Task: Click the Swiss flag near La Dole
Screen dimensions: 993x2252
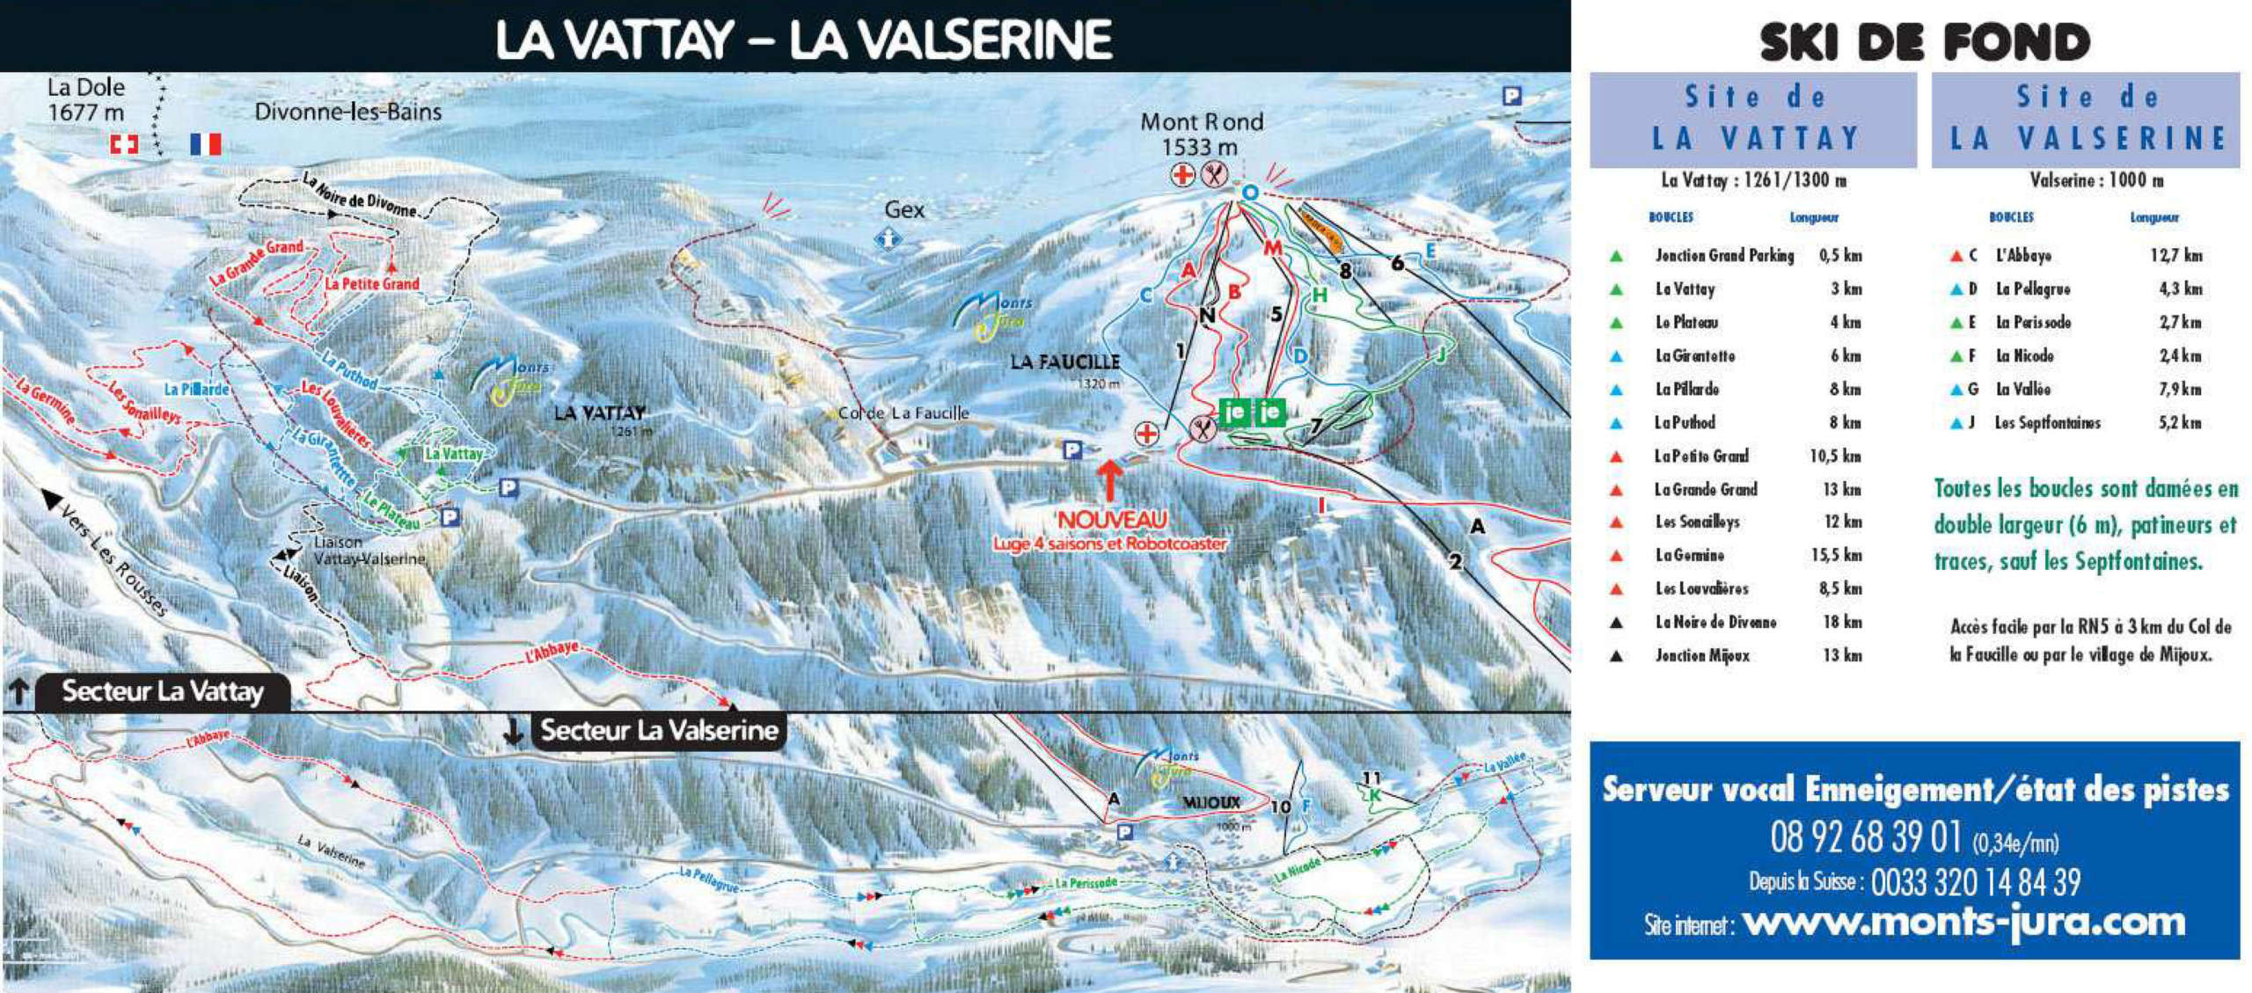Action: pyautogui.click(x=123, y=143)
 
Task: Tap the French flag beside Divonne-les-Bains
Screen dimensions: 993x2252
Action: pyautogui.click(x=206, y=143)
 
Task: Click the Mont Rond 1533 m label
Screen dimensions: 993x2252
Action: pyautogui.click(x=1201, y=134)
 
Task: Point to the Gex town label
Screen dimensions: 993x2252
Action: pyautogui.click(x=904, y=209)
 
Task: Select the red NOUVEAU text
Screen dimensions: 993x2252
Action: pyautogui.click(x=1111, y=520)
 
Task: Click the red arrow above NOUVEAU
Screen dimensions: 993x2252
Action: pyautogui.click(x=1109, y=481)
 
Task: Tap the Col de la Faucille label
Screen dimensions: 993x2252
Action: pyautogui.click(x=903, y=413)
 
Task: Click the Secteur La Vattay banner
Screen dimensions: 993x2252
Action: pyautogui.click(x=163, y=691)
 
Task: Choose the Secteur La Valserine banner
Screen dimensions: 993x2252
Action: pyautogui.click(x=659, y=730)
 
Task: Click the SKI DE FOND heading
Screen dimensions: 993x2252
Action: pyautogui.click(x=1925, y=41)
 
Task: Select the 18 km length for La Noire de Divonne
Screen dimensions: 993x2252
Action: pyautogui.click(x=1842, y=622)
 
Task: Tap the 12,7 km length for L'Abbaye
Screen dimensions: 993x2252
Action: pyautogui.click(x=2175, y=255)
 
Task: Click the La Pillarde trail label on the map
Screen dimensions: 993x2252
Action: pyautogui.click(x=196, y=389)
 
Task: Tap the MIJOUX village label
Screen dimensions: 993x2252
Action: pyautogui.click(x=1211, y=802)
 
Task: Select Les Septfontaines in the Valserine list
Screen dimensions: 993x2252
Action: pyautogui.click(x=2047, y=423)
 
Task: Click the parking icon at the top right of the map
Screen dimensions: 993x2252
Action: pyautogui.click(x=1511, y=96)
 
